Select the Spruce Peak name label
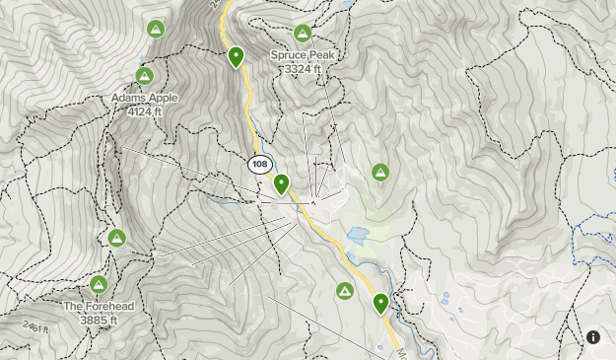click(303, 56)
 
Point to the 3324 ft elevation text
click(303, 69)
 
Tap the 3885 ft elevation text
click(99, 320)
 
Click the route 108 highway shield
click(259, 164)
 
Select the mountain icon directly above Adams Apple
click(144, 75)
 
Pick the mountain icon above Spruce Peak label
click(303, 34)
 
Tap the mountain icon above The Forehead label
click(99, 284)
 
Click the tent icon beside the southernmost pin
click(345, 290)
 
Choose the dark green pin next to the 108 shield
click(282, 183)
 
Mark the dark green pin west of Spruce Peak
click(237, 57)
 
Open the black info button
click(593, 337)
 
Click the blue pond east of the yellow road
click(358, 235)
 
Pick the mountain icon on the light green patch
click(380, 173)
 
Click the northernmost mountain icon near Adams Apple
click(155, 29)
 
